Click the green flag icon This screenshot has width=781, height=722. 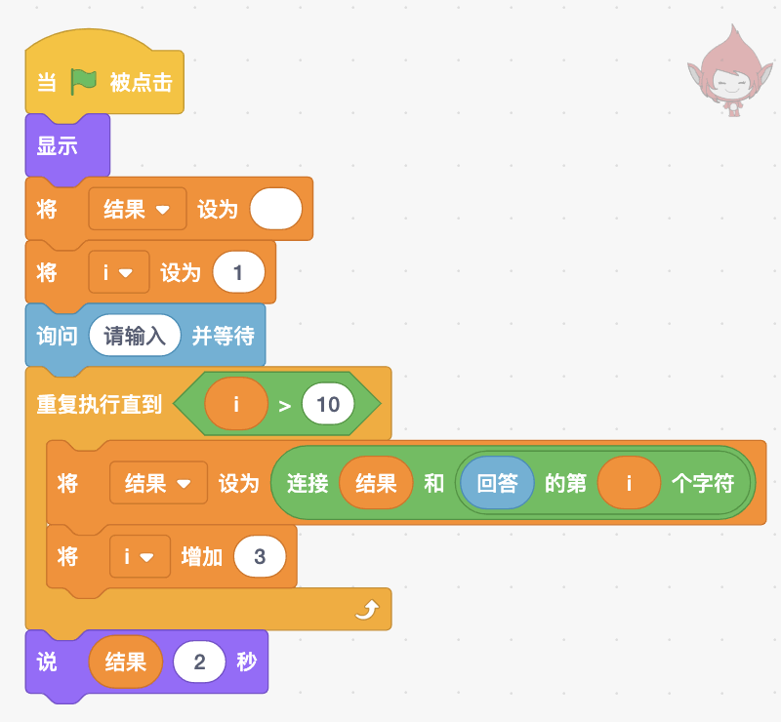tap(83, 82)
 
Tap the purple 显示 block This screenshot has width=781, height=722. tap(67, 146)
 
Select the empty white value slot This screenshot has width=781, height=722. tap(276, 209)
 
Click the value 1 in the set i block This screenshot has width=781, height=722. tap(238, 272)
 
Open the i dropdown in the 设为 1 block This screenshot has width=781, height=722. tap(118, 272)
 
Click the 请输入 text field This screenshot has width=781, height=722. tap(135, 336)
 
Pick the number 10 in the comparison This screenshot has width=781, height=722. tap(328, 404)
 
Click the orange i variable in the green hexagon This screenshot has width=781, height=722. tap(236, 404)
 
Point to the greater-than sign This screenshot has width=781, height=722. tap(285, 406)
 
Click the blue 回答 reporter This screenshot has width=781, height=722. tap(497, 483)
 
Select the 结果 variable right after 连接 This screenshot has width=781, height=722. tap(376, 483)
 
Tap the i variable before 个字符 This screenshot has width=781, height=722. tap(629, 483)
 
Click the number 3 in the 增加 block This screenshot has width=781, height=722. tap(260, 556)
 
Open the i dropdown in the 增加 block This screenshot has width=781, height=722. tap(140, 556)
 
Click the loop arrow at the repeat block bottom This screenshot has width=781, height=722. tap(367, 610)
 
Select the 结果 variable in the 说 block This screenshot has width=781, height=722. tap(126, 662)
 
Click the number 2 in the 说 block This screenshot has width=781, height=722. tap(199, 662)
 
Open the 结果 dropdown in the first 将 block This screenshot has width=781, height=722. tap(138, 209)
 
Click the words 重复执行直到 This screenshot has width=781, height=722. tap(100, 404)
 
